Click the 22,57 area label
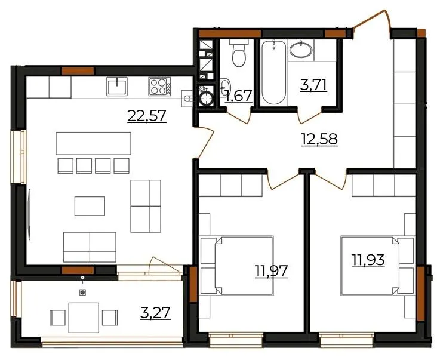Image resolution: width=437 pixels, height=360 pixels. tap(147, 116)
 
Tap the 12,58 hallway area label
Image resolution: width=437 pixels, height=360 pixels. tap(319, 139)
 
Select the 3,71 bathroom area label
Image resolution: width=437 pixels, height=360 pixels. tap(313, 85)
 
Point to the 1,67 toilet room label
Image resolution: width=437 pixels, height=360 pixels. tap(239, 96)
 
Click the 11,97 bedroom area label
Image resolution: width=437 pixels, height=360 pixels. tap(271, 272)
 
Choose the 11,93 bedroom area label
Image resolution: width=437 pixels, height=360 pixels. tap(368, 260)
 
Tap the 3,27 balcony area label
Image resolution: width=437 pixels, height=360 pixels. tap(155, 313)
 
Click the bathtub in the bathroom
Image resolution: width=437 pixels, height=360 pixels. tap(274, 72)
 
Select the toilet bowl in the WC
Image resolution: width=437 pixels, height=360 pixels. tap(239, 54)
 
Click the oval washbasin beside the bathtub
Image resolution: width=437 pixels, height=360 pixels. tap(301, 50)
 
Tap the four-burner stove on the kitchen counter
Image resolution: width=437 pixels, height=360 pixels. tap(159, 87)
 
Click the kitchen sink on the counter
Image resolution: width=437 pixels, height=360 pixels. tap(117, 87)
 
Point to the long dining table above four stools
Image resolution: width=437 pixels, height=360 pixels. tap(93, 143)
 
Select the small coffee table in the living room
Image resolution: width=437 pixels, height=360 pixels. tap(90, 206)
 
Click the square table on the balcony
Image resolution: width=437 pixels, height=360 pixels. tap(84, 318)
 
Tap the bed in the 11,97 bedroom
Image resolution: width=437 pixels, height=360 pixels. tap(237, 266)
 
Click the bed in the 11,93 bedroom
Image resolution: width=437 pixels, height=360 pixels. tap(378, 266)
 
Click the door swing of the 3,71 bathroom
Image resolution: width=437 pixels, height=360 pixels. tap(310, 115)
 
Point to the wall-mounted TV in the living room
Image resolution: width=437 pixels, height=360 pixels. tap(29, 214)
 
